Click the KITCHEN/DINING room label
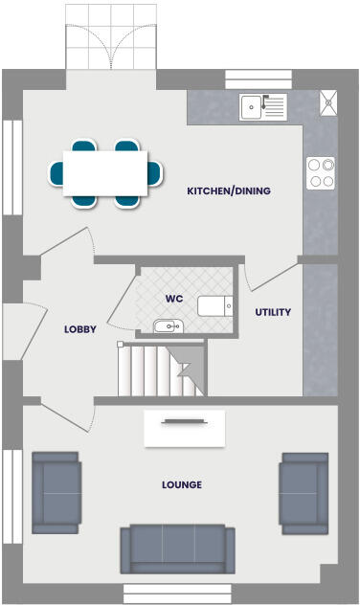click(x=229, y=191)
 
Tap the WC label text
click(x=173, y=299)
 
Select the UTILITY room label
click(x=273, y=312)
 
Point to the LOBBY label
click(x=79, y=329)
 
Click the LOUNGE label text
click(x=182, y=484)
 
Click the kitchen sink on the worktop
click(x=262, y=107)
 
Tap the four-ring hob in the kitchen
click(x=320, y=172)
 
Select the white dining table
click(x=105, y=172)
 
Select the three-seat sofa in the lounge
click(x=177, y=549)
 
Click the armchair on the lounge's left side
click(x=56, y=492)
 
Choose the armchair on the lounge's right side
click(x=304, y=492)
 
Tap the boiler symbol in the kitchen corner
click(x=329, y=101)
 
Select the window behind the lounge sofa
click(x=177, y=593)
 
